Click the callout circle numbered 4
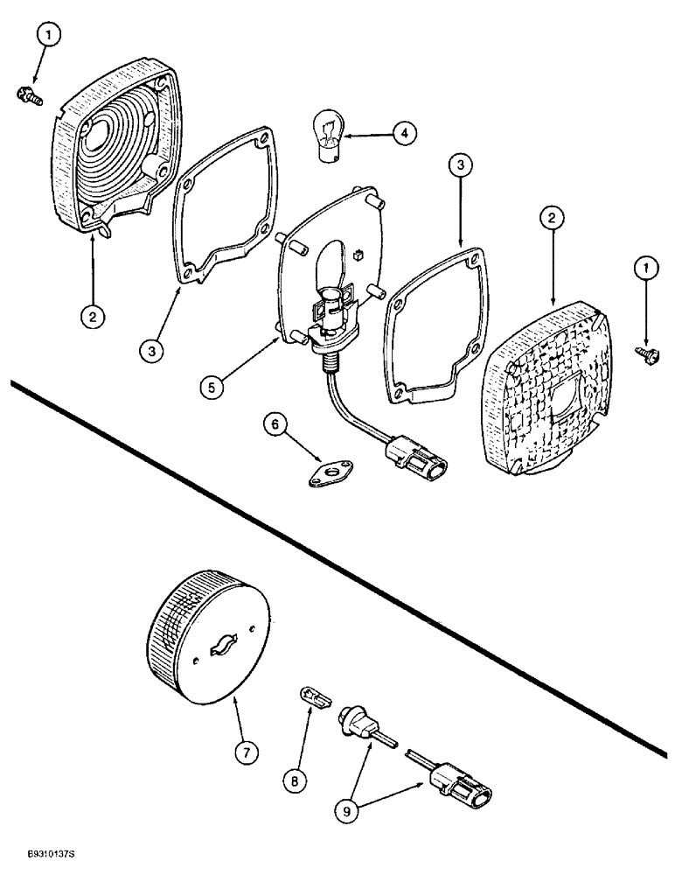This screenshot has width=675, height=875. (403, 133)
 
